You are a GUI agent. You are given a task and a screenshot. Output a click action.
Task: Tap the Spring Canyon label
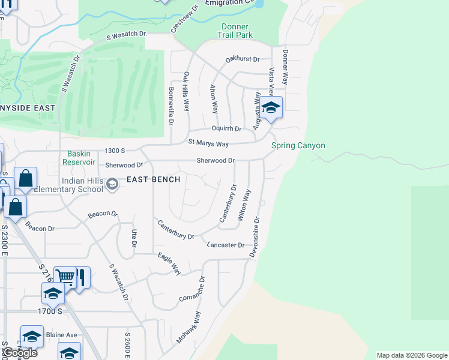click(x=298, y=145)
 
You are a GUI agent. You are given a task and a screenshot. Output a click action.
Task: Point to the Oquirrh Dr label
click(x=226, y=129)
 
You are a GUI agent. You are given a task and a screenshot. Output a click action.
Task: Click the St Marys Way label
click(x=208, y=143)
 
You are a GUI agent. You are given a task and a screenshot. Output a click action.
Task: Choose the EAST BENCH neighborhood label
click(x=149, y=179)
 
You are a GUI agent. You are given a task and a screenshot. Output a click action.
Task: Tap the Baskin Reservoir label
click(x=82, y=158)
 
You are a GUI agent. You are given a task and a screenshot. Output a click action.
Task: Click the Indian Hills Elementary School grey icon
click(x=112, y=184)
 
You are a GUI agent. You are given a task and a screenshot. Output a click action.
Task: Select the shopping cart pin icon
click(x=65, y=277)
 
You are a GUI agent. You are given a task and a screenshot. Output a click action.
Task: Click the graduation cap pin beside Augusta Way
click(x=271, y=108)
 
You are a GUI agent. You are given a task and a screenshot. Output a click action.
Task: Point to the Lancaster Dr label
click(x=226, y=245)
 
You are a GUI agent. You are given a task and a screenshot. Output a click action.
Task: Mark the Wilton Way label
click(x=244, y=205)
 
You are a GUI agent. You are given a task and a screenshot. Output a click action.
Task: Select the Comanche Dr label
click(x=192, y=289)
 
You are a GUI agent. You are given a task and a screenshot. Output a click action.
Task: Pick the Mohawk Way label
click(x=188, y=328)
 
